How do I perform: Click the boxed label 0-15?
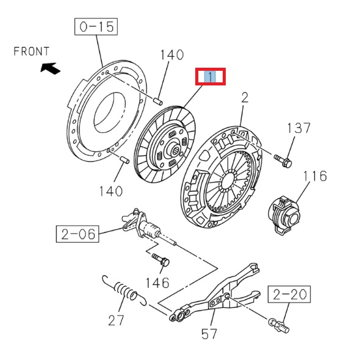coord(96,27)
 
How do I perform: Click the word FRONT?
coord(31,52)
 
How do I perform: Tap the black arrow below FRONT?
coord(51,68)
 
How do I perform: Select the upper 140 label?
coord(171,55)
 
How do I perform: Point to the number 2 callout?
coord(245,97)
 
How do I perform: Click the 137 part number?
coord(299,128)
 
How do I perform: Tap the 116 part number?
coord(315,177)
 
